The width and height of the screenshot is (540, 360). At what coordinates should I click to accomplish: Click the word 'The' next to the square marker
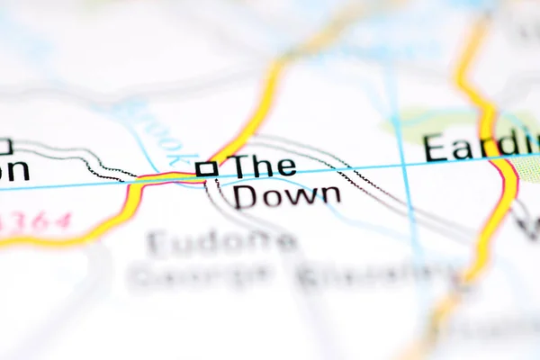[264, 166]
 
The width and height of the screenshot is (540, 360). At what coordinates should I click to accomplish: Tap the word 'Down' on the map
[287, 195]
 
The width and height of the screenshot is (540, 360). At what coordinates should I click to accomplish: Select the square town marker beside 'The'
[206, 168]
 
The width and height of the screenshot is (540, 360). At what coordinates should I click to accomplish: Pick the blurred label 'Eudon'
[221, 242]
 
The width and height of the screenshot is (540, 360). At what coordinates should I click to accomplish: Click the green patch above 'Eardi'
[450, 121]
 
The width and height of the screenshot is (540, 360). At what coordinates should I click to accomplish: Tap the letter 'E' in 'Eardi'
[436, 147]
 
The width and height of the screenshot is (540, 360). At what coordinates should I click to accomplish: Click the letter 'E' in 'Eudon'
[159, 242]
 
